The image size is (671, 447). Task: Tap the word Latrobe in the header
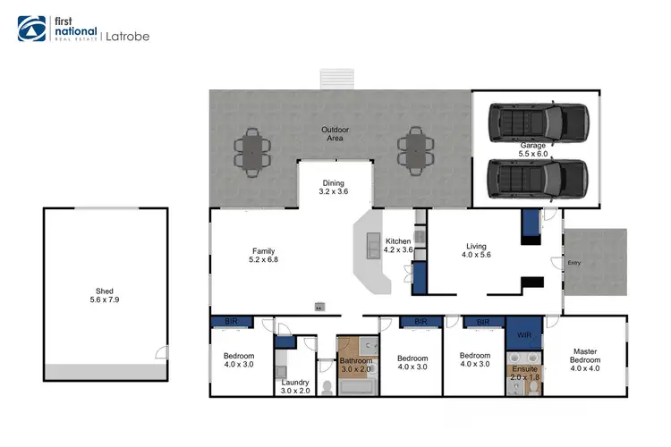127,37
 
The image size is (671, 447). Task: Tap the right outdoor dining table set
413,149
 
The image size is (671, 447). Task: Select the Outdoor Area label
334,135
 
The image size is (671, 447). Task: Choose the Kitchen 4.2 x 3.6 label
397,247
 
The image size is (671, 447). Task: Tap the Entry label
573,263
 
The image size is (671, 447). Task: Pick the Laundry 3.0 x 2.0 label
295,387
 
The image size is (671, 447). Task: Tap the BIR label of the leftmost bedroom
230,322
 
